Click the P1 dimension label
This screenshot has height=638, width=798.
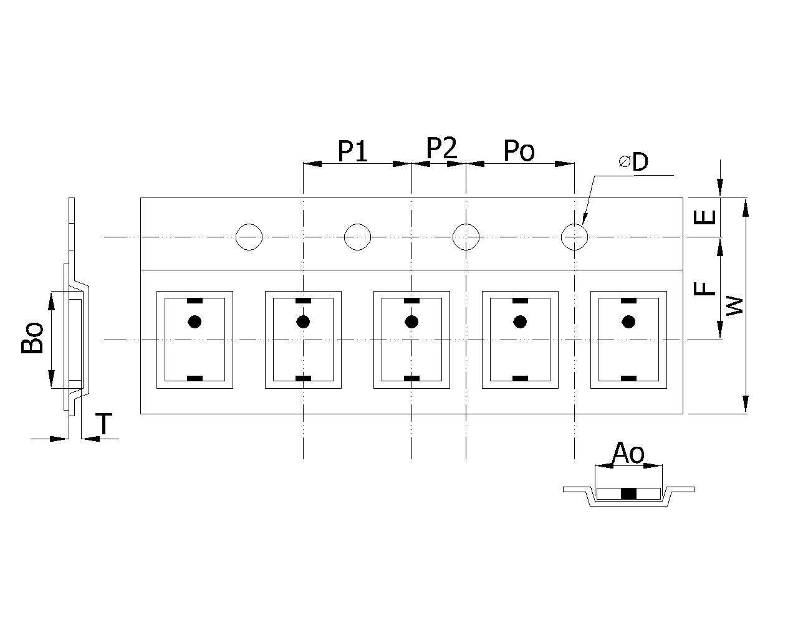pos(352,151)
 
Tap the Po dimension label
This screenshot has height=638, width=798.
pos(519,151)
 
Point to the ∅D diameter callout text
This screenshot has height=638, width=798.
pos(633,161)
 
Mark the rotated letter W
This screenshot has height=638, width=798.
pos(734,306)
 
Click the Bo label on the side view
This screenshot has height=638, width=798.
pos(32,338)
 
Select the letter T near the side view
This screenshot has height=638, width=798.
pos(104,423)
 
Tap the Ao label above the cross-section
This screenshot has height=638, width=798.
pos(628,453)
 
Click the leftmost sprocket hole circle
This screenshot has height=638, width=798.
pos(249,237)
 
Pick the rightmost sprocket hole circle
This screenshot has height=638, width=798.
pos(574,237)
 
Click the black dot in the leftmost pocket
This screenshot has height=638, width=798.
pos(195,321)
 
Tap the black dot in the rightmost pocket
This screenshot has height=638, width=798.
pos(628,321)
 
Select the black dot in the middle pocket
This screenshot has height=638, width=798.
pos(411,321)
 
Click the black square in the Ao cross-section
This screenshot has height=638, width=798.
pos(629,493)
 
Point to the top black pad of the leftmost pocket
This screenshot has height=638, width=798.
pos(195,301)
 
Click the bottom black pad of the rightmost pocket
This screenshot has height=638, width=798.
pos(628,378)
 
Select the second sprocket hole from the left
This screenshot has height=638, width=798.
pos(357,237)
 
